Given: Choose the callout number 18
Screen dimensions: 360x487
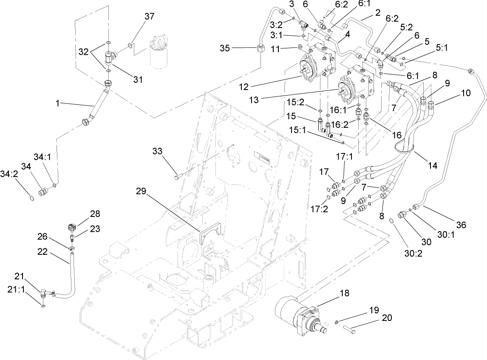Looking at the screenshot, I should [343, 292].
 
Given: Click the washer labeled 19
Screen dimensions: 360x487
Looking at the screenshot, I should [336, 323].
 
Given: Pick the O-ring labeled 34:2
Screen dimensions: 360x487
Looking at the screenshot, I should [30, 198].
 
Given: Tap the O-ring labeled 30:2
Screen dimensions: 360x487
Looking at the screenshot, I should [393, 220].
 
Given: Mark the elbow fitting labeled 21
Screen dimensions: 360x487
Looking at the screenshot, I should [44, 292].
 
